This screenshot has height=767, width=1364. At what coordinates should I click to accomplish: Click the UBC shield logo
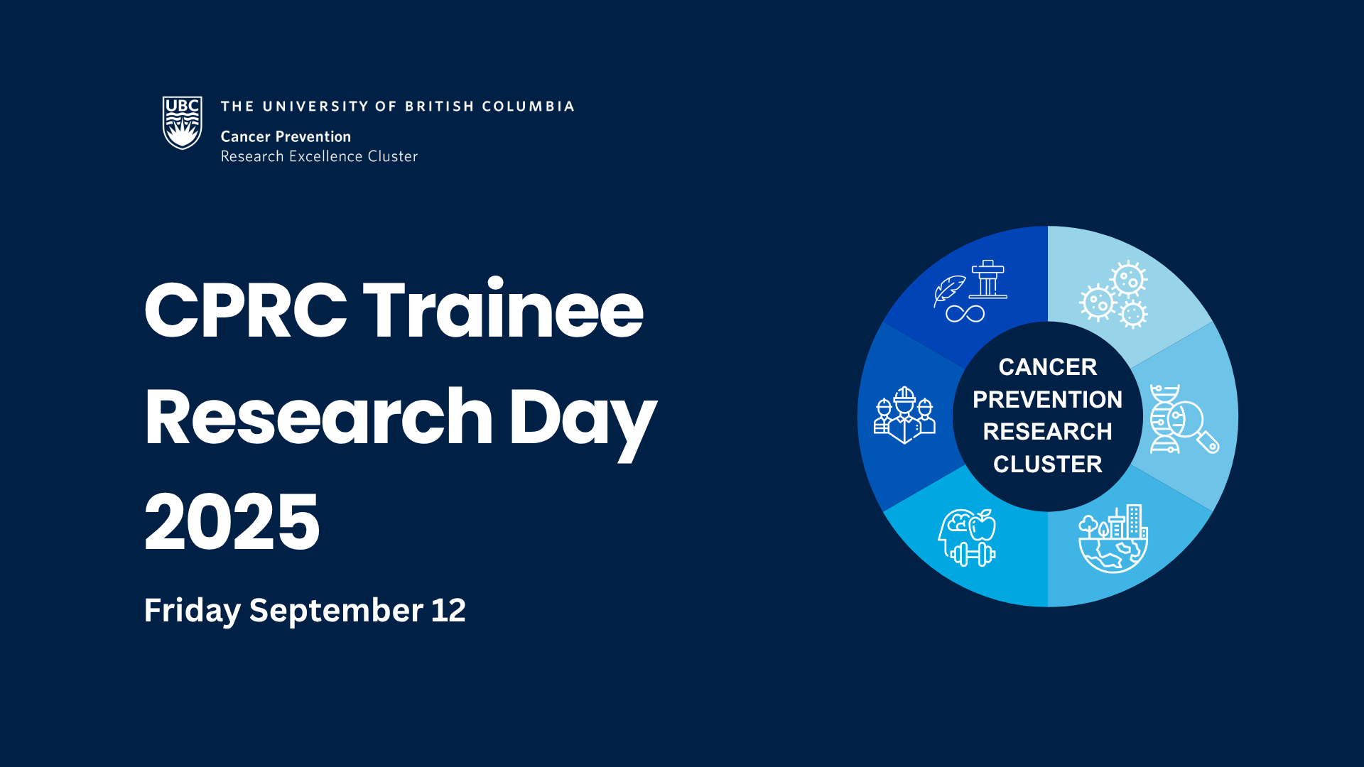tap(183, 123)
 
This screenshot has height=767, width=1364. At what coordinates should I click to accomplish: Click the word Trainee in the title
tap(503, 310)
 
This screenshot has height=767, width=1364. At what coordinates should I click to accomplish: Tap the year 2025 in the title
tap(232, 522)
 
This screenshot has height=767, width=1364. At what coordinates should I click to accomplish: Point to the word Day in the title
tap(583, 423)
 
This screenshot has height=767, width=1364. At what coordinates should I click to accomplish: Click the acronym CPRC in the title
tap(246, 310)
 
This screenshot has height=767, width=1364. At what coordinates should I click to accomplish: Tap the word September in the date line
tap(337, 611)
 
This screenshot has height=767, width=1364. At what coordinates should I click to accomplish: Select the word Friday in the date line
tap(193, 611)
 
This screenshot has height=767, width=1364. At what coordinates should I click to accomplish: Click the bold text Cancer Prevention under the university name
tap(286, 136)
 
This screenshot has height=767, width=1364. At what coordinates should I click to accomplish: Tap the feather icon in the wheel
tap(949, 290)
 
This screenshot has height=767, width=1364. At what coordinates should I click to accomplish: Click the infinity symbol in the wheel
tap(965, 313)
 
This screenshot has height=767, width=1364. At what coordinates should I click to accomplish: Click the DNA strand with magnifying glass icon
tap(1184, 419)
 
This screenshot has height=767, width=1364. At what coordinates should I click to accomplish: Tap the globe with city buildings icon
tap(1113, 539)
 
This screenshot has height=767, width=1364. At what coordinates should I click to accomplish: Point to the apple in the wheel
tap(983, 525)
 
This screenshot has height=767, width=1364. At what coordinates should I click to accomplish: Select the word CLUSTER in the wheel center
tap(1048, 464)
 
